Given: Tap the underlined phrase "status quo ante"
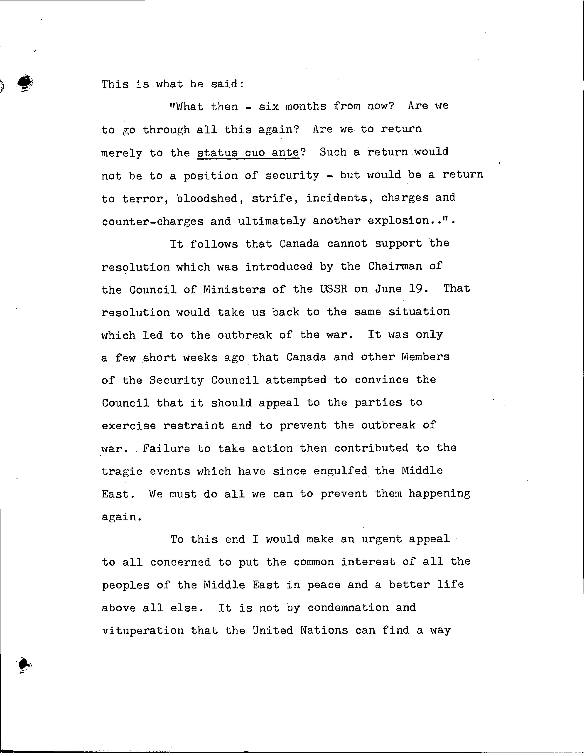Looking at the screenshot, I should [x=248, y=153].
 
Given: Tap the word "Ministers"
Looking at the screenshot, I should [x=234, y=289].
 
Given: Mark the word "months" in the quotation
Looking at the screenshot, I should [x=306, y=106].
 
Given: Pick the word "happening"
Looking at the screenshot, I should [x=439, y=494].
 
